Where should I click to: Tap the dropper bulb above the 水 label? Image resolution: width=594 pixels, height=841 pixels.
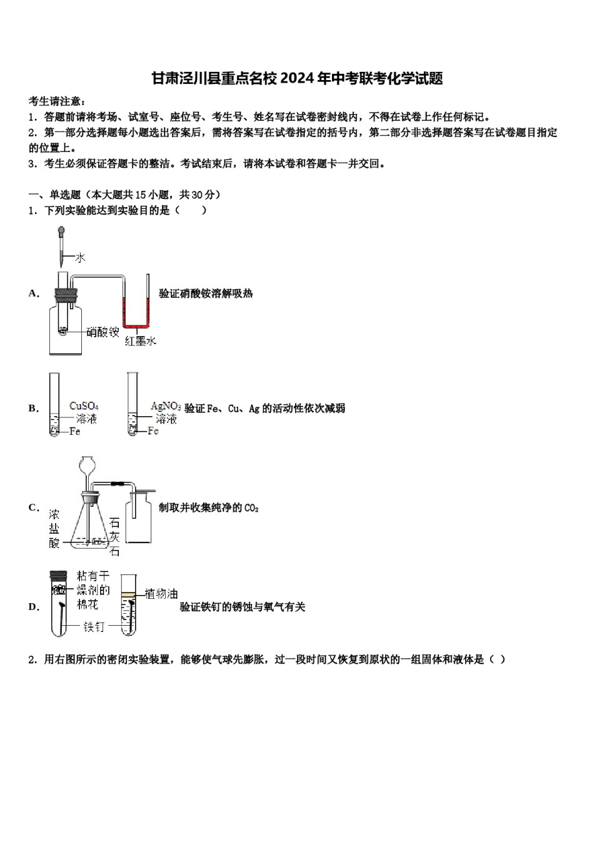(61, 231)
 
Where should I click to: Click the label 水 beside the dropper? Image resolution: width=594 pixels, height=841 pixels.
(81, 257)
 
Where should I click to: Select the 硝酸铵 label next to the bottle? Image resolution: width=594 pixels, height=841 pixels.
(103, 332)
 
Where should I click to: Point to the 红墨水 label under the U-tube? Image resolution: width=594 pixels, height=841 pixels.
(140, 341)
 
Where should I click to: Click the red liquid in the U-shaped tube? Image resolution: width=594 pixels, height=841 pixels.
(136, 324)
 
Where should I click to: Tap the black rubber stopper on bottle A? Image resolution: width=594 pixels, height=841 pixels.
(65, 293)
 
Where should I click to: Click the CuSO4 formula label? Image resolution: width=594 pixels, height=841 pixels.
(84, 406)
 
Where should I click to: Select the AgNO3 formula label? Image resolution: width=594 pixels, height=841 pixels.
(166, 406)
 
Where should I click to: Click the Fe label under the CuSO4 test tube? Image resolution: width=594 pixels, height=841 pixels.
(74, 431)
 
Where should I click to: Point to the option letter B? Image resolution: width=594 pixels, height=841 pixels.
(33, 409)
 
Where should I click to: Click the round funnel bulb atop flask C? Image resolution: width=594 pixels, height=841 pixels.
(88, 466)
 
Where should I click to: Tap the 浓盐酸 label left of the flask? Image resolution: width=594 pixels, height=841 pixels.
(55, 529)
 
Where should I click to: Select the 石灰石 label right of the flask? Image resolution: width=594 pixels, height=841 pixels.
(114, 537)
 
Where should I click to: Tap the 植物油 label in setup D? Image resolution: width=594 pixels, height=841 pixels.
(161, 594)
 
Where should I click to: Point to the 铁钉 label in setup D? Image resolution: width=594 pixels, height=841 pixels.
(94, 626)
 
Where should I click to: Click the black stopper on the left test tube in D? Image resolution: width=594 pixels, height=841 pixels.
(58, 574)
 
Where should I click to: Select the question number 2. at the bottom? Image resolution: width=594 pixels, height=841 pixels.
(33, 660)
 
